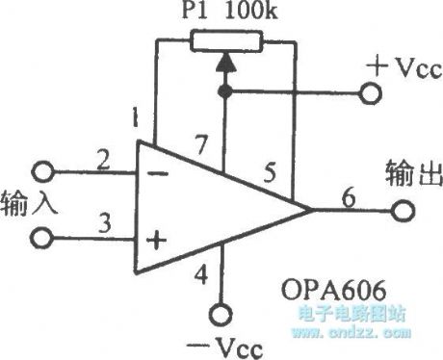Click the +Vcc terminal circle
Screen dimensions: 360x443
(369, 93)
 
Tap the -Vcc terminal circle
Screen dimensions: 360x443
(223, 313)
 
